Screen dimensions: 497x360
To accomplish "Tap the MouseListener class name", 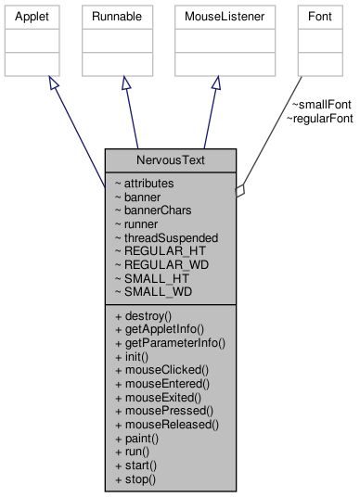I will [215, 17].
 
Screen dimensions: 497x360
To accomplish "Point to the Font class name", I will [311, 17].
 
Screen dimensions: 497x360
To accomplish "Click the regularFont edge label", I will [319, 119].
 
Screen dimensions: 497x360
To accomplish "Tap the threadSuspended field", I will [166, 237].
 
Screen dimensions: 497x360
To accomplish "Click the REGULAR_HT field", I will [157, 250].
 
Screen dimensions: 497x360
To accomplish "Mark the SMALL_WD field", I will [152, 291].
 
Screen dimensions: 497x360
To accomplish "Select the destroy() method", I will [144, 316].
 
